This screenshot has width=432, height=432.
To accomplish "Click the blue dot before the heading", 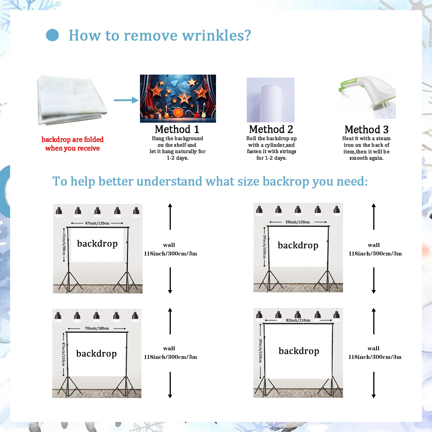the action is tap(52, 35).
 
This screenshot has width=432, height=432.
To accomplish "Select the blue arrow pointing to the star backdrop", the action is tap(126, 100).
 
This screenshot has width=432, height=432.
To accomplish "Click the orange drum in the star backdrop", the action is tap(178, 112).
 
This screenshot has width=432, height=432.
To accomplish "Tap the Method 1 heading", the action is tap(177, 129).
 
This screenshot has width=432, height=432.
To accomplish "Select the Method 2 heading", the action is tap(271, 129).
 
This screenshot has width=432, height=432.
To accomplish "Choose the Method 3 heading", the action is tap(367, 130).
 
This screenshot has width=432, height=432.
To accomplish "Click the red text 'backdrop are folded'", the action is tap(73, 139).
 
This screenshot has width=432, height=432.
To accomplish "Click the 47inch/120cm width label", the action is tap(97, 223).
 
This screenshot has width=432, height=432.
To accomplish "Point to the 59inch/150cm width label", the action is tap(298, 222).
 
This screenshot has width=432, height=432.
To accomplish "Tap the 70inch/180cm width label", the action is tap(97, 328).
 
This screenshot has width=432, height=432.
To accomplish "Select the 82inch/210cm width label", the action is tap(298, 320).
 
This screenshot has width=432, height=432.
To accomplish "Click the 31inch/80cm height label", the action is tap(64, 244).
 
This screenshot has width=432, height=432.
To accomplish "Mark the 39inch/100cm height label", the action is tap(264, 247).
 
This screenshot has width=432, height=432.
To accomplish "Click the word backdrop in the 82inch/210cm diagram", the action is tap(299, 351).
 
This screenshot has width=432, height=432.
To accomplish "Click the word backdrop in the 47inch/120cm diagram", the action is tap(97, 244).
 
